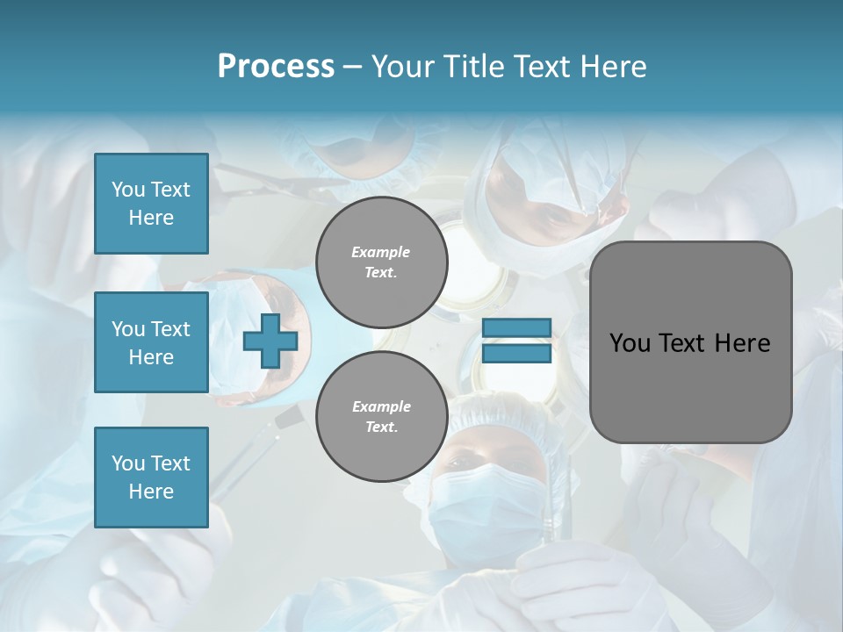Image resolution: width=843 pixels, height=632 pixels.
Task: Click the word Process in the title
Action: tap(276, 67)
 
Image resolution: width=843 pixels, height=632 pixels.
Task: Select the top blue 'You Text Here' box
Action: tap(151, 204)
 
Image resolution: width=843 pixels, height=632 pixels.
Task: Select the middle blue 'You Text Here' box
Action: tap(151, 342)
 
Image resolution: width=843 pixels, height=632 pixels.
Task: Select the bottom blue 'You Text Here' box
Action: tap(151, 477)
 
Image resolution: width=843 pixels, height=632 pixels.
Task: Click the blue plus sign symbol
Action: tap(270, 341)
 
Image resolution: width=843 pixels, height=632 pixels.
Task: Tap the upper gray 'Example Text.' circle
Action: tap(381, 262)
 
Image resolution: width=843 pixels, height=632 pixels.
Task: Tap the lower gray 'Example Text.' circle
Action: tap(381, 417)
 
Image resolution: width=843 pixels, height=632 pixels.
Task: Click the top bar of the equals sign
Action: tap(516, 327)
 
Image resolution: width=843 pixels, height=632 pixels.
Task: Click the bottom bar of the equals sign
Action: tap(516, 354)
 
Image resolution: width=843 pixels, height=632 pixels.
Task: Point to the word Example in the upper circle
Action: tap(381, 252)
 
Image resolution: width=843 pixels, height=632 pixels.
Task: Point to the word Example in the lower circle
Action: tap(381, 406)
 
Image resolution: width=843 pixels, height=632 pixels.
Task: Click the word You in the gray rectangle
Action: tap(629, 343)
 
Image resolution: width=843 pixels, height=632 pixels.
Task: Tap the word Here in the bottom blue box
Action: tap(151, 492)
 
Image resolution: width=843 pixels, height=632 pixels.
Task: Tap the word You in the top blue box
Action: tap(128, 190)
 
